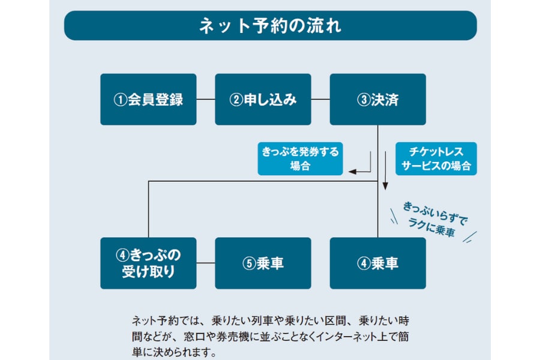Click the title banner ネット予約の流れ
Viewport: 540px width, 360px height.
[x=270, y=26]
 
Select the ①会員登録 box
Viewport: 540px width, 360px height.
[x=148, y=100]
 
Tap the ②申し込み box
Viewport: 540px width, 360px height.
[x=263, y=100]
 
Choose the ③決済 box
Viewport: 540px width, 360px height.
[x=377, y=100]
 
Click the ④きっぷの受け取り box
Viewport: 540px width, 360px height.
[x=148, y=263]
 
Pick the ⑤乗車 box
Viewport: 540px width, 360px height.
[x=263, y=263]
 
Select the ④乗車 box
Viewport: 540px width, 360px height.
[x=377, y=263]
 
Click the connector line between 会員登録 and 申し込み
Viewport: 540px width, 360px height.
[x=206, y=100]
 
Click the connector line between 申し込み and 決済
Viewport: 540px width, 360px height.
[x=320, y=100]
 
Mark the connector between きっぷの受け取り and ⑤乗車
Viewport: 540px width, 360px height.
[x=206, y=263]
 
